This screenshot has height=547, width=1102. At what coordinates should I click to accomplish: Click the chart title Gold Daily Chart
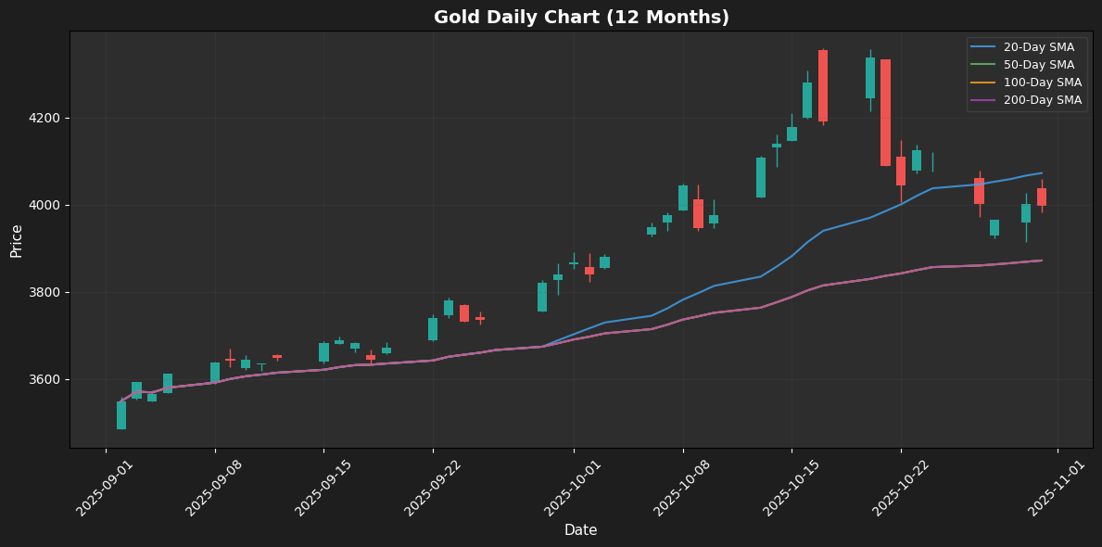pos(581,18)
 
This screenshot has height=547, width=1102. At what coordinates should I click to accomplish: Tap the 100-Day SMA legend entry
pos(1043,83)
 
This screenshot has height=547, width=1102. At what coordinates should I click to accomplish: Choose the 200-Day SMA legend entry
pos(1043,100)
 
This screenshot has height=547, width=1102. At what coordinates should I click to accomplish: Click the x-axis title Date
pos(580,530)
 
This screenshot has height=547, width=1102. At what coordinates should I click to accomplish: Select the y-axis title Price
pos(18,240)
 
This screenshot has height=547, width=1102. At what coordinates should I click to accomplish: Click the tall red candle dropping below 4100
pos(885,112)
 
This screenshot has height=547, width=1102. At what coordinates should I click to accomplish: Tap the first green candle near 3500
pos(121,415)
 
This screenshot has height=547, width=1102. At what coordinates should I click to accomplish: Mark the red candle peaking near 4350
pos(823,85)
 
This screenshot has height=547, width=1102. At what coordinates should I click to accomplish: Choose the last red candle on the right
pos(1042,197)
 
